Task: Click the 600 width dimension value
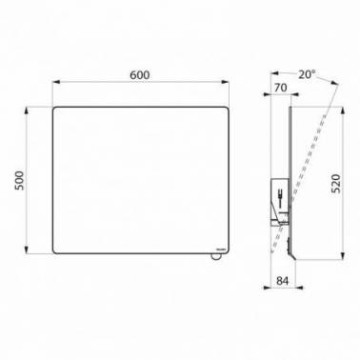[140, 75]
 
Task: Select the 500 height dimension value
[19, 180]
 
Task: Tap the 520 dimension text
[335, 184]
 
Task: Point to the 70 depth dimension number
[281, 88]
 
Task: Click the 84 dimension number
[283, 281]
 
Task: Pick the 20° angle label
[307, 74]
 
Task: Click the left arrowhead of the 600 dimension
[56, 82]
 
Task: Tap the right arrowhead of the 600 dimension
[225, 82]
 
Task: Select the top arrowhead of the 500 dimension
[27, 110]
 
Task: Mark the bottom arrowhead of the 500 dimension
[27, 250]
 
